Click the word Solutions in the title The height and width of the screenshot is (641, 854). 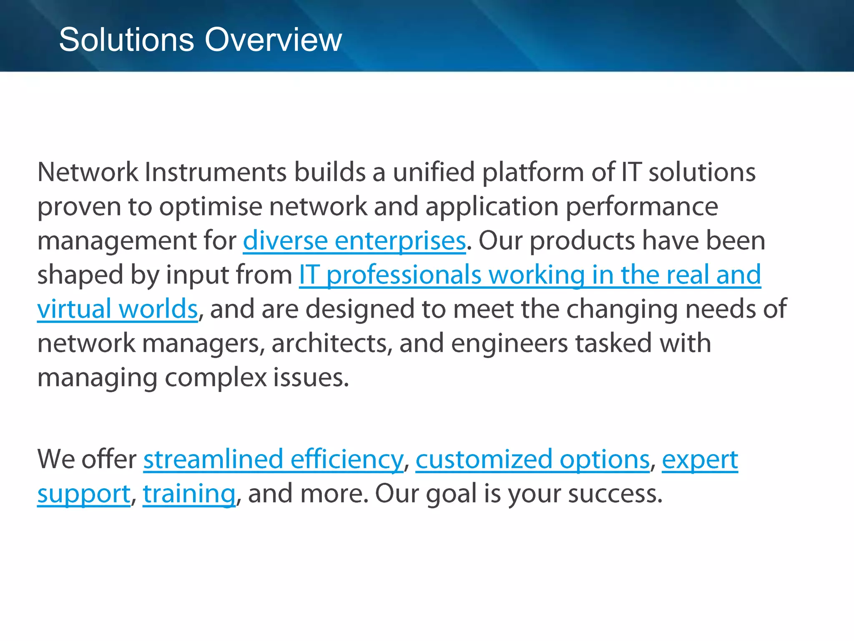126,40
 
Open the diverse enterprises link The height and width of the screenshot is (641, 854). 354,241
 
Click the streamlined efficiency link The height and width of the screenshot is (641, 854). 273,459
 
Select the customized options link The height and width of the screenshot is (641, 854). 532,459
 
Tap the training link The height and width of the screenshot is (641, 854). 189,494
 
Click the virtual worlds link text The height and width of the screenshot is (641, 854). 117,309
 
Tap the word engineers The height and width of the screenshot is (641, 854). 509,343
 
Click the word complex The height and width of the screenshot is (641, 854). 216,378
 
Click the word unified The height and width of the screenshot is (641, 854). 434,172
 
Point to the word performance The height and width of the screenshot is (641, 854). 642,207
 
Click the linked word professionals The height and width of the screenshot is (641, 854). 404,275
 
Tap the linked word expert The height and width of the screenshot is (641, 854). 700,459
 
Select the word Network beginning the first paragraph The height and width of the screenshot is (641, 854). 88,172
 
